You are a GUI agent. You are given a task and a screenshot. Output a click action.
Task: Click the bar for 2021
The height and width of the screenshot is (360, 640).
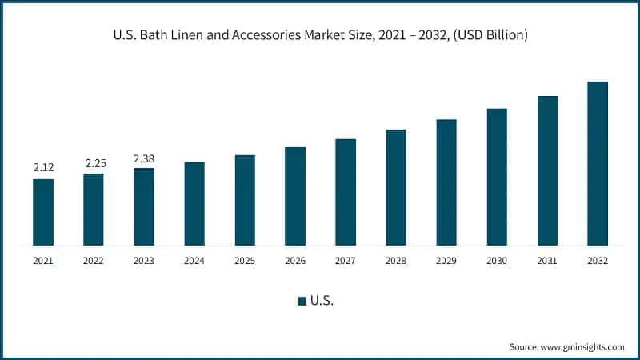[43, 212]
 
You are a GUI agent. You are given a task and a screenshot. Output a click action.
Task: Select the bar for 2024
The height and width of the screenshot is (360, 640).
[194, 203]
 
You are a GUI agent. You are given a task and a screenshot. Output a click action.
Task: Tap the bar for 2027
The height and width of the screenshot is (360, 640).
[346, 192]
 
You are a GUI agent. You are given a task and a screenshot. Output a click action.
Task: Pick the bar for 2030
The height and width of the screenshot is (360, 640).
[497, 177]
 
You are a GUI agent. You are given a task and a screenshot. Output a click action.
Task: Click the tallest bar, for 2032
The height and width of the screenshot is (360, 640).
[598, 163]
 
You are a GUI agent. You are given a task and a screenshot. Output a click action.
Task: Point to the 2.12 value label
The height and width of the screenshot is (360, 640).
[43, 168]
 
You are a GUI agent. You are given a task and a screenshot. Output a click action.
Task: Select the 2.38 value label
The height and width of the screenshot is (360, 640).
[144, 158]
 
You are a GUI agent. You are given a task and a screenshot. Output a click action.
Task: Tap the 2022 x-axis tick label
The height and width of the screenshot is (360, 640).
[94, 261]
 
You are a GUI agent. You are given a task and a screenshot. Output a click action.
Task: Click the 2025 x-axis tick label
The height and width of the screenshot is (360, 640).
[245, 261]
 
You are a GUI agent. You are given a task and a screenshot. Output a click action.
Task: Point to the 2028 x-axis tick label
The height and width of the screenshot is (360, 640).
[396, 261]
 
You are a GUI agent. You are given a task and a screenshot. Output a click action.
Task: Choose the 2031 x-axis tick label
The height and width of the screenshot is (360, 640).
[547, 261]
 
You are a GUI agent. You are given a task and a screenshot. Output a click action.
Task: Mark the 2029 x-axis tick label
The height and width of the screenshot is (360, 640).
[446, 261]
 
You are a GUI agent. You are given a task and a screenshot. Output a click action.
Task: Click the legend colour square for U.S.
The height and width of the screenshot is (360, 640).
[302, 301]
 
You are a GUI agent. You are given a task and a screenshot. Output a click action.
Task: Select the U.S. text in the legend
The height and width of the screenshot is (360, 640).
[322, 301]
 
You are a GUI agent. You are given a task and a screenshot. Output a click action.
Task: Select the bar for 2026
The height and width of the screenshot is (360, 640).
[295, 196]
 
